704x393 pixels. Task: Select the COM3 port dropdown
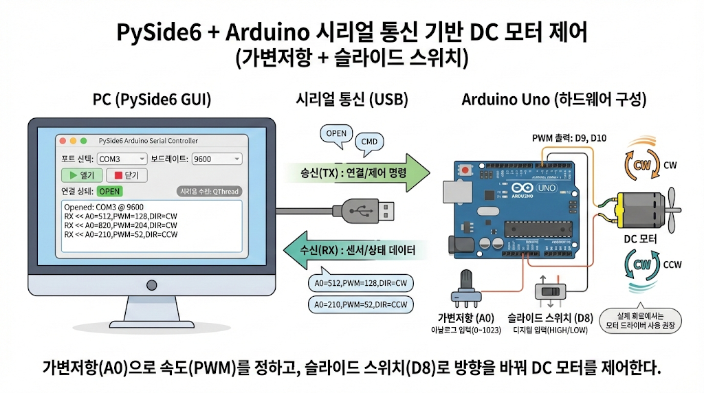[x=122, y=159]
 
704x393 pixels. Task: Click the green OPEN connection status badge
[x=110, y=191]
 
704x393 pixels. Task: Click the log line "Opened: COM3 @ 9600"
[x=103, y=207]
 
